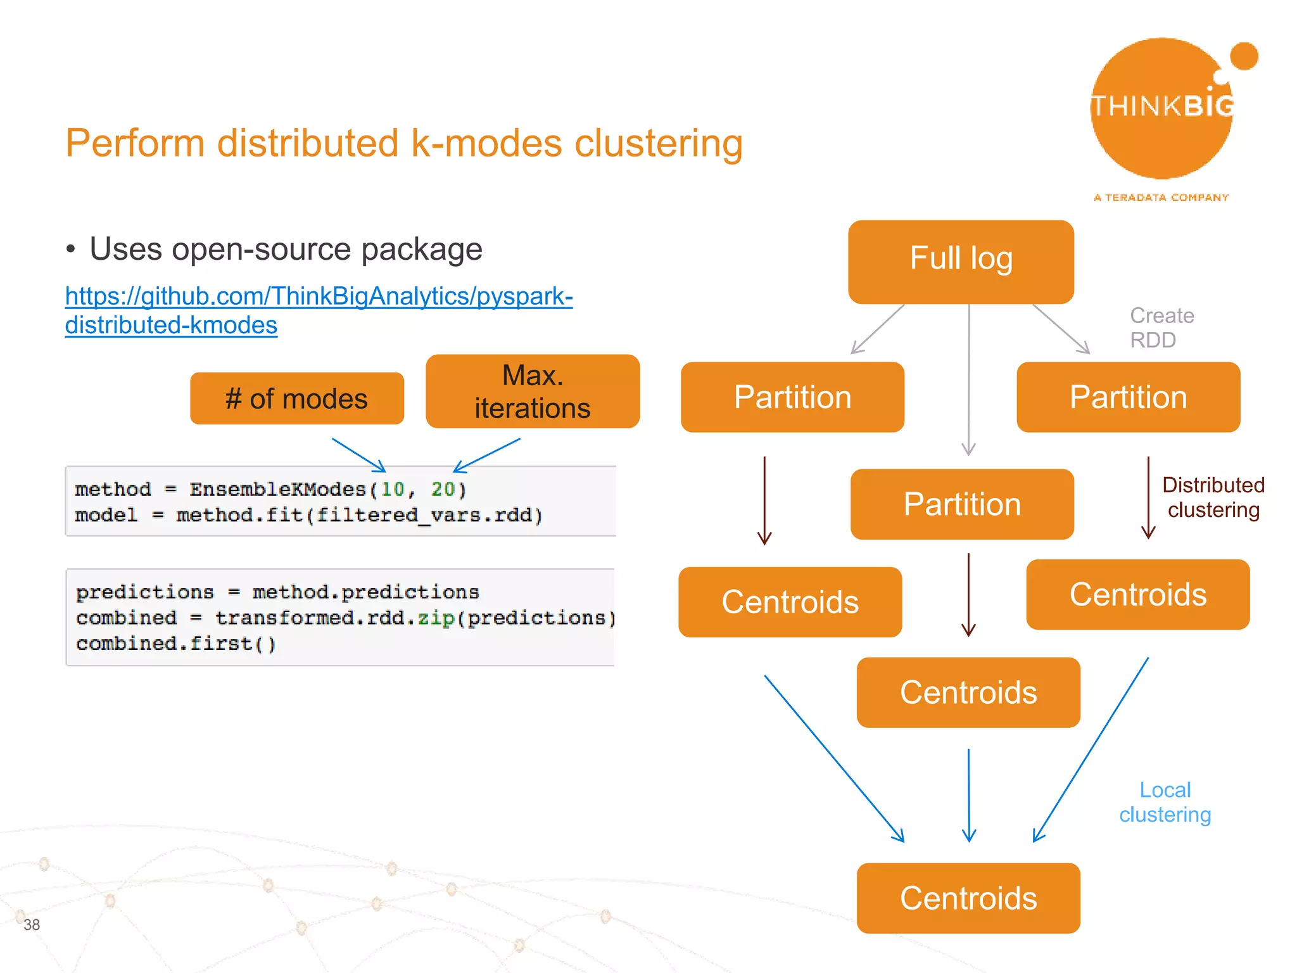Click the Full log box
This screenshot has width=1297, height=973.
pyautogui.click(x=961, y=261)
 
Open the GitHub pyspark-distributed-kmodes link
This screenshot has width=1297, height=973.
pyautogui.click(x=319, y=310)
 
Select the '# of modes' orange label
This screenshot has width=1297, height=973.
pyautogui.click(x=296, y=398)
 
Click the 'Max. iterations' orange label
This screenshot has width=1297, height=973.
pyautogui.click(x=533, y=391)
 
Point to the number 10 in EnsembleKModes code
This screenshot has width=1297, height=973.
pyautogui.click(x=392, y=489)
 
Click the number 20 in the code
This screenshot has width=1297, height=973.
pyautogui.click(x=443, y=489)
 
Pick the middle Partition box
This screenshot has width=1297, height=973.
pyautogui.click(x=961, y=504)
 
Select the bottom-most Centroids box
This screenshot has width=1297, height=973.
pyautogui.click(x=968, y=898)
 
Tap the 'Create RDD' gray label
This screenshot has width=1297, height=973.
pyautogui.click(x=1161, y=328)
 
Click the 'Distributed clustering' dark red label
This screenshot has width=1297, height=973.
pyautogui.click(x=1213, y=497)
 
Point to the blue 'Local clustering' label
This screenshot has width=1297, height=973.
pyautogui.click(x=1165, y=802)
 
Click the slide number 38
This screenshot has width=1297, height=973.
pyautogui.click(x=32, y=925)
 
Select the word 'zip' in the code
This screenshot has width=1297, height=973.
pyautogui.click(x=436, y=618)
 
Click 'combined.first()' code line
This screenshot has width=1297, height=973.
pyautogui.click(x=176, y=644)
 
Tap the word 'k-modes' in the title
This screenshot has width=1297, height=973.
pyautogui.click(x=486, y=143)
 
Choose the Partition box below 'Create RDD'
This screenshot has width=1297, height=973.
pyautogui.click(x=1128, y=397)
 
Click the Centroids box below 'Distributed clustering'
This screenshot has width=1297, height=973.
pyautogui.click(x=1137, y=594)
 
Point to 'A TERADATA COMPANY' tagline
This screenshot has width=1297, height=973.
pyautogui.click(x=1161, y=198)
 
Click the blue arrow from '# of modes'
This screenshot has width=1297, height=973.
pyautogui.click(x=358, y=455)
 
